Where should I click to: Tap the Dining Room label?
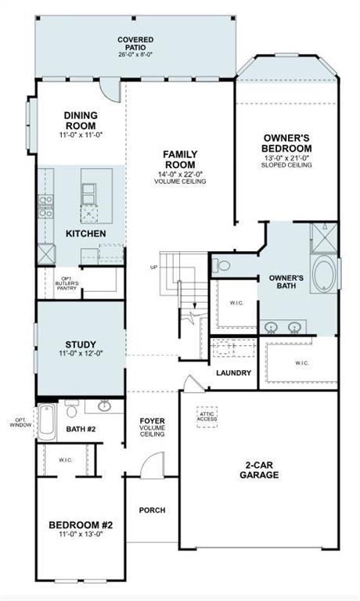click(80, 121)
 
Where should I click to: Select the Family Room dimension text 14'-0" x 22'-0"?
click(180, 175)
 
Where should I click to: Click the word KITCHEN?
click(85, 234)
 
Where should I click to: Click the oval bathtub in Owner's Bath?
click(322, 274)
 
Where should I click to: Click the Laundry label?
click(233, 372)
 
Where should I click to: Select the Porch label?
click(152, 510)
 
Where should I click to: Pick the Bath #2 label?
click(80, 428)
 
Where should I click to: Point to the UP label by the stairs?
click(154, 268)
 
